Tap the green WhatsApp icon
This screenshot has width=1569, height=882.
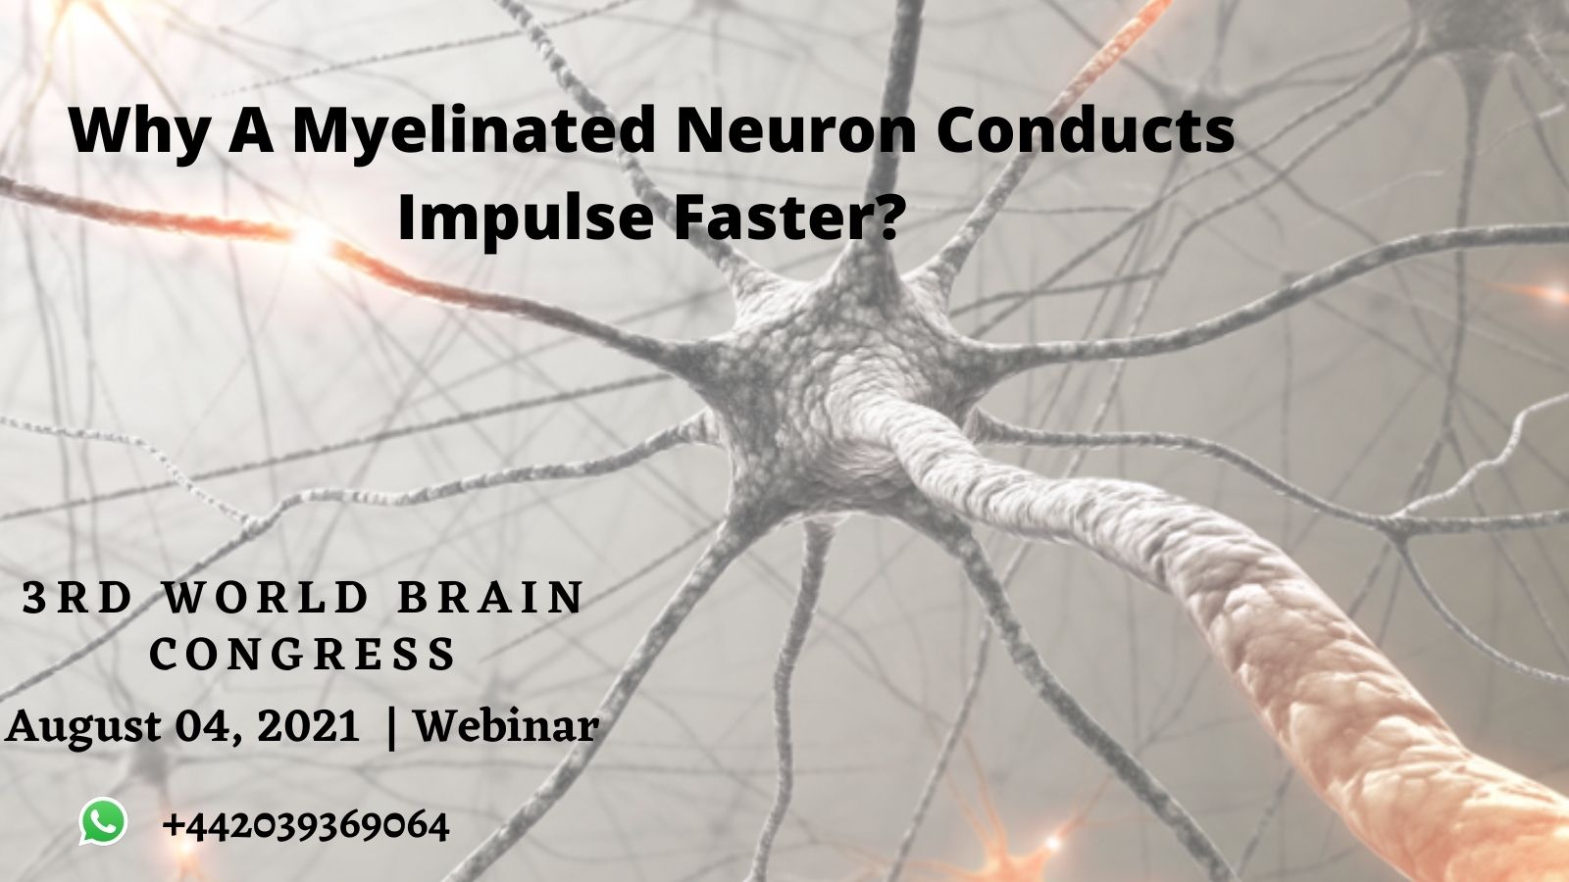click(x=103, y=821)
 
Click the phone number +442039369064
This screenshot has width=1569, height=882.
click(x=306, y=825)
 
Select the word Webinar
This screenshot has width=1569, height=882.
click(x=506, y=727)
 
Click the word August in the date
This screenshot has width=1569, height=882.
click(x=84, y=727)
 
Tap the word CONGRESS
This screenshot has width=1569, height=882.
click(x=304, y=654)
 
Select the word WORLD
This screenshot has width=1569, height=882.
click(x=266, y=598)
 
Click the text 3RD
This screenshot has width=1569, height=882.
click(x=77, y=598)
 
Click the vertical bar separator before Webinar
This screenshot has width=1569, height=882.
click(x=393, y=727)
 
